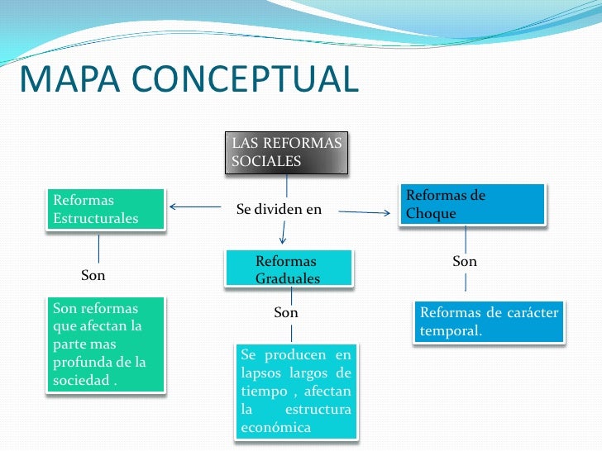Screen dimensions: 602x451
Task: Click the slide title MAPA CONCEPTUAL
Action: (x=189, y=79)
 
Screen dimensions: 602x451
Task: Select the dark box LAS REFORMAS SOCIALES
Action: (x=286, y=152)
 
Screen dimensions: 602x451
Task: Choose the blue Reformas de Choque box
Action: (x=472, y=204)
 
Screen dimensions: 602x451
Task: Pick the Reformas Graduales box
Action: (x=287, y=270)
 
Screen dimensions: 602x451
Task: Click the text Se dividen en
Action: (x=279, y=210)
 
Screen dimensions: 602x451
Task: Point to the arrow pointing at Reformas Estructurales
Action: (x=194, y=207)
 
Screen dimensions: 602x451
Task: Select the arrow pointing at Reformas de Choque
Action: (x=365, y=213)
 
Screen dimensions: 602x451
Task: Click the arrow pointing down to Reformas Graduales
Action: (x=284, y=234)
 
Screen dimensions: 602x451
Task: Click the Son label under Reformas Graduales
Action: (x=286, y=313)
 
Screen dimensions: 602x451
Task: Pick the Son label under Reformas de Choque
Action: (x=465, y=262)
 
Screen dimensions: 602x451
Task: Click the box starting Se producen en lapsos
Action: (x=296, y=392)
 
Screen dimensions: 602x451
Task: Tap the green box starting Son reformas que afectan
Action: (x=104, y=344)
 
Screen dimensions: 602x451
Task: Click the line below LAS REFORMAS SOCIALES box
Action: (x=287, y=185)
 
